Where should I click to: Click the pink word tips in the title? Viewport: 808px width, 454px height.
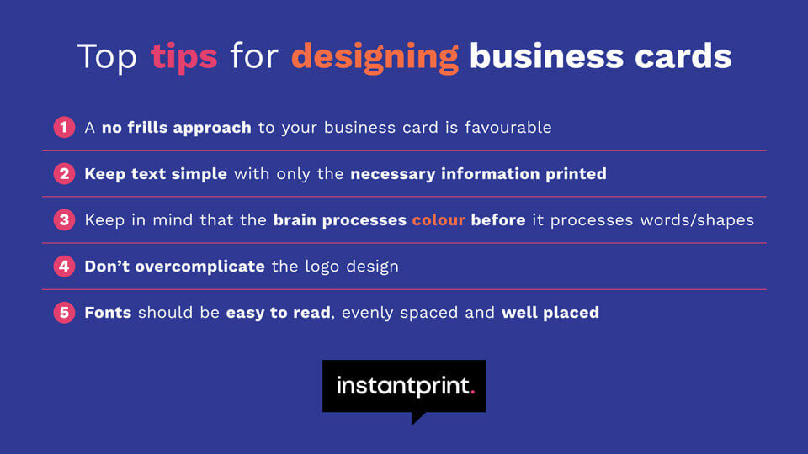tap(183, 56)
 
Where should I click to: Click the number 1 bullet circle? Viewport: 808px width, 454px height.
tap(64, 128)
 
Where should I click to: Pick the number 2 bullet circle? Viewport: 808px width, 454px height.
tap(64, 174)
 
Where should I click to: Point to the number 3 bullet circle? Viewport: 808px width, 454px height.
tap(64, 220)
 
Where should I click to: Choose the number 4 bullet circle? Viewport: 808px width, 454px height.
tap(64, 267)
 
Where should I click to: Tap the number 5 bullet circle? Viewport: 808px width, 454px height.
tap(64, 313)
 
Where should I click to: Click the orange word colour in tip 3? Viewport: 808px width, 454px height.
tap(438, 220)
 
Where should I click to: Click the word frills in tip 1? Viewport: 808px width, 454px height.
tap(151, 128)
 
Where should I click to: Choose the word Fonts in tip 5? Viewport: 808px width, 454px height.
tap(108, 313)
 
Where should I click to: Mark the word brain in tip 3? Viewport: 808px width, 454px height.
tap(296, 220)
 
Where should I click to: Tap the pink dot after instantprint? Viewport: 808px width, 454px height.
tap(472, 392)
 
